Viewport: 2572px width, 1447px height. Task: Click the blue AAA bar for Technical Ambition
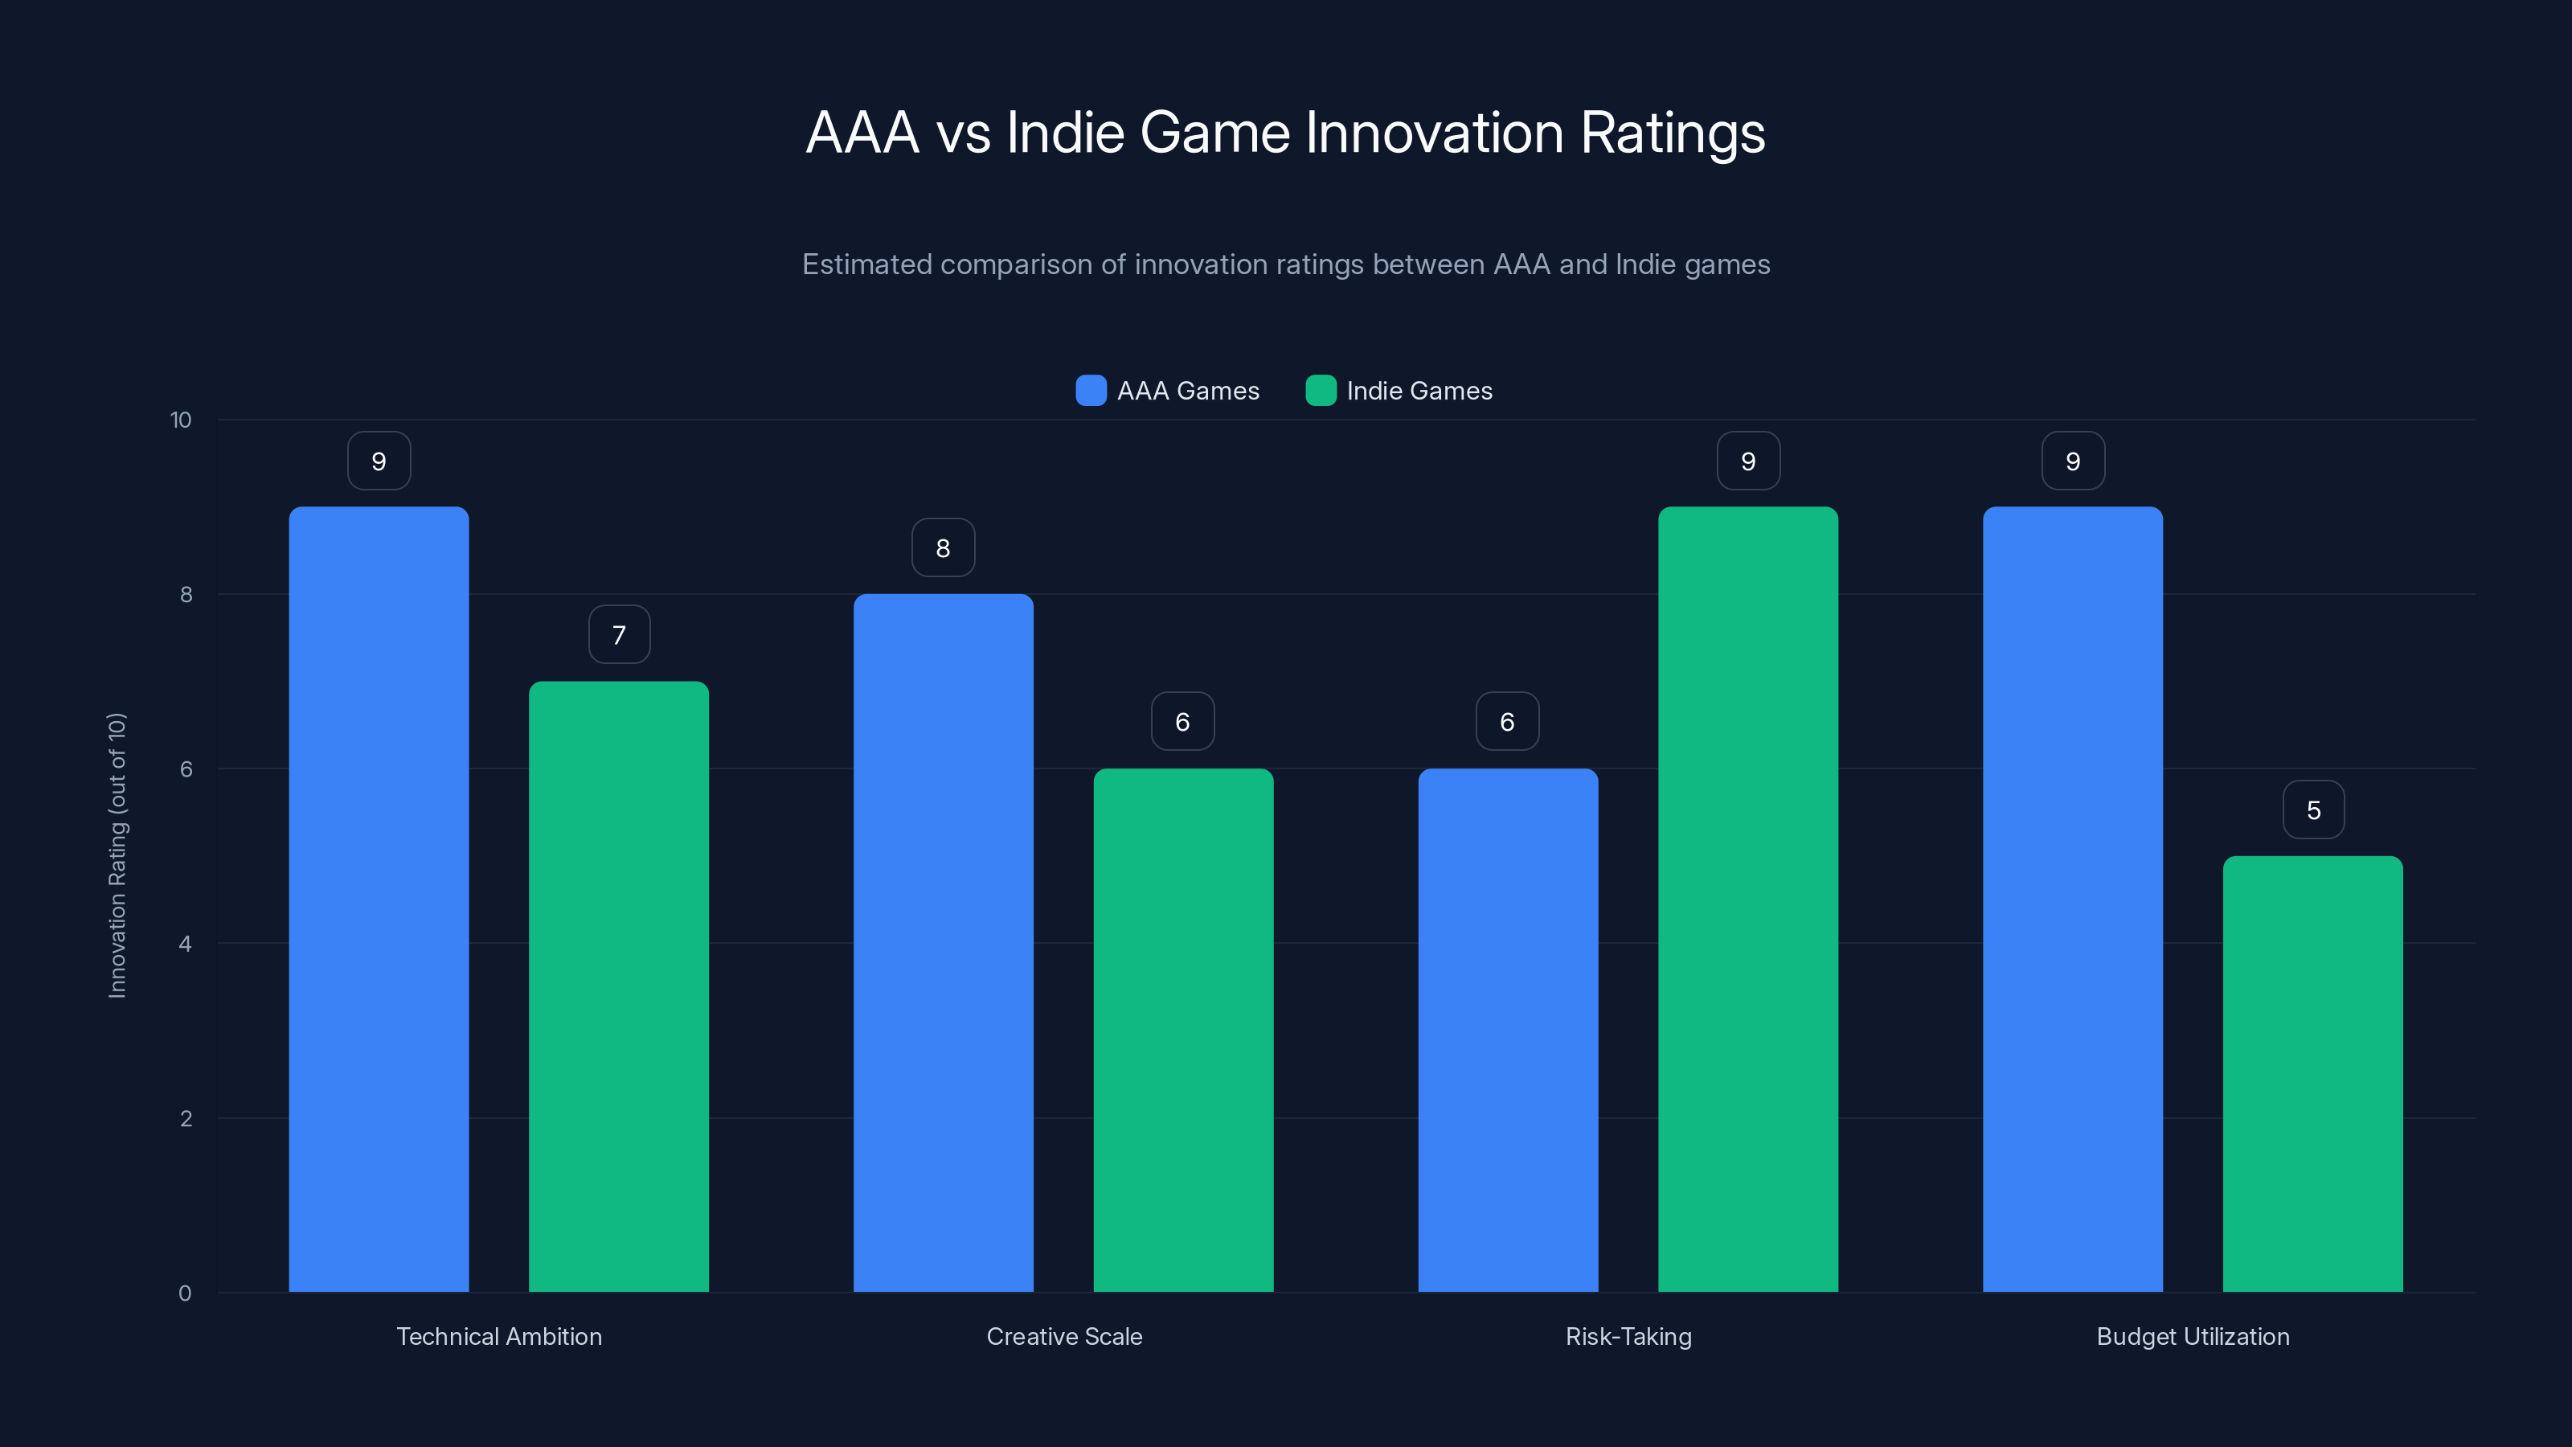(x=379, y=899)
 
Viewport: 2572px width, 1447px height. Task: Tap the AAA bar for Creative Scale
(x=943, y=943)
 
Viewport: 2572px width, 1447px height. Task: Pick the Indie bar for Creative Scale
(x=1183, y=1030)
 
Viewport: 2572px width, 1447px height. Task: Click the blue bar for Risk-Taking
(x=1508, y=1030)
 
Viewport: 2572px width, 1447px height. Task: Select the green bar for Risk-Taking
(x=1747, y=899)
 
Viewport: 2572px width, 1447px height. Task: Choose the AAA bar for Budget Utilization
(x=2073, y=899)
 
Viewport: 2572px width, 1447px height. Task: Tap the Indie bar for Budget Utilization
(x=2312, y=1073)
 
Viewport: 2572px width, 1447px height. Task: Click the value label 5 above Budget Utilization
(x=2313, y=810)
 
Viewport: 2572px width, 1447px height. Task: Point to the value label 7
(x=619, y=634)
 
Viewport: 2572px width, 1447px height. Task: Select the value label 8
(x=943, y=547)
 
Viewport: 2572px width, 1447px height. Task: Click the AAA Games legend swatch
(x=1091, y=391)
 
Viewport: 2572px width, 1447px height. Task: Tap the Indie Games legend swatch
(x=1320, y=391)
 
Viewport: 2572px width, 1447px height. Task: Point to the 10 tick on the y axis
(x=181, y=420)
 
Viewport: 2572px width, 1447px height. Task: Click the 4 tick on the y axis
(x=185, y=944)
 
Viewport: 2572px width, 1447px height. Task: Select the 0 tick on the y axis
(x=185, y=1293)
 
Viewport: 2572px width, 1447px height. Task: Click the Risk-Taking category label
(x=1628, y=1336)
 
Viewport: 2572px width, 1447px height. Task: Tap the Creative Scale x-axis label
(x=1064, y=1336)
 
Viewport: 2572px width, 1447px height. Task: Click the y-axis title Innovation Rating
(x=117, y=855)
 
